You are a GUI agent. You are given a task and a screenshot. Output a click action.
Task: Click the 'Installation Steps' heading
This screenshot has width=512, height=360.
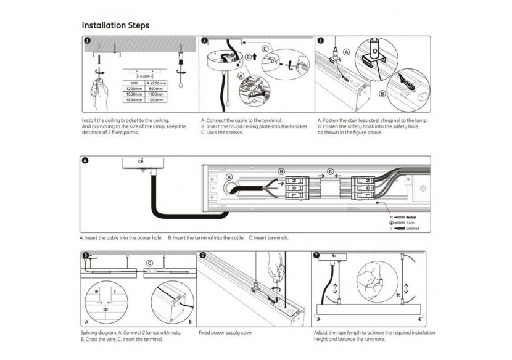coord(115,26)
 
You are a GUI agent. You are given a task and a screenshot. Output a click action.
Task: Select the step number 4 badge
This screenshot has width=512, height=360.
coord(85,161)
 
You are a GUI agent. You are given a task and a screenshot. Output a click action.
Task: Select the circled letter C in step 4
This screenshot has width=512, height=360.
coord(330,171)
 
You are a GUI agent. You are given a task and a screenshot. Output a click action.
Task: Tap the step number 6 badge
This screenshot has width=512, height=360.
coord(202,255)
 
